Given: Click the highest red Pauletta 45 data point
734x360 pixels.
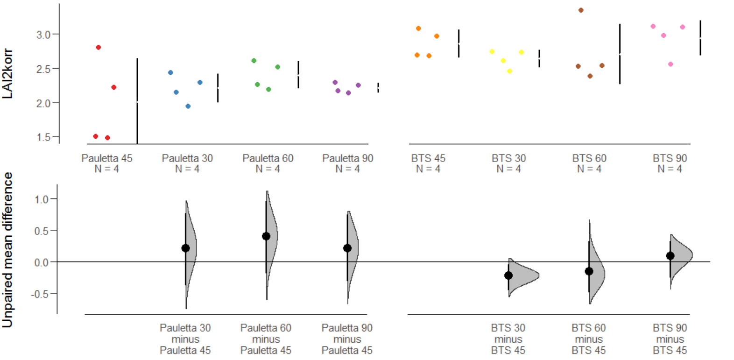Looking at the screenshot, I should [99, 48].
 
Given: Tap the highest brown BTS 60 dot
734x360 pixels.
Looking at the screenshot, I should [581, 10].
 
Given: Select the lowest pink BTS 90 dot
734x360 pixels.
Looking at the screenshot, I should [670, 64].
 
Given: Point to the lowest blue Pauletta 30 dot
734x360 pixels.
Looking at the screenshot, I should [188, 106].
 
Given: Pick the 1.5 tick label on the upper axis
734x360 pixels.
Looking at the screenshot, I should [44, 137].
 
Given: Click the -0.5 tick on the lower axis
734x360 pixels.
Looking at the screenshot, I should [55, 294].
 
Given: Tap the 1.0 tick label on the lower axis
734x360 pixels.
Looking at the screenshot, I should [42, 199].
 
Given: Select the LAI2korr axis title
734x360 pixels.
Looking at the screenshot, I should [7, 74].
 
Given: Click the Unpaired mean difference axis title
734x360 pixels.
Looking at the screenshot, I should [7, 250].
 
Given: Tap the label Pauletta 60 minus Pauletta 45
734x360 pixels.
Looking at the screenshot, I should [266, 339].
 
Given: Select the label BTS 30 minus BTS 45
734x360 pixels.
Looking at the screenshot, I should [508, 339].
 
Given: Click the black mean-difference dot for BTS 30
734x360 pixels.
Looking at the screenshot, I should [508, 275].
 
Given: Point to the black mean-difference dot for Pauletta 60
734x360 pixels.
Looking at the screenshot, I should [266, 236].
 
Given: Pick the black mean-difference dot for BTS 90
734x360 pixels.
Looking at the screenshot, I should [670, 256].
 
